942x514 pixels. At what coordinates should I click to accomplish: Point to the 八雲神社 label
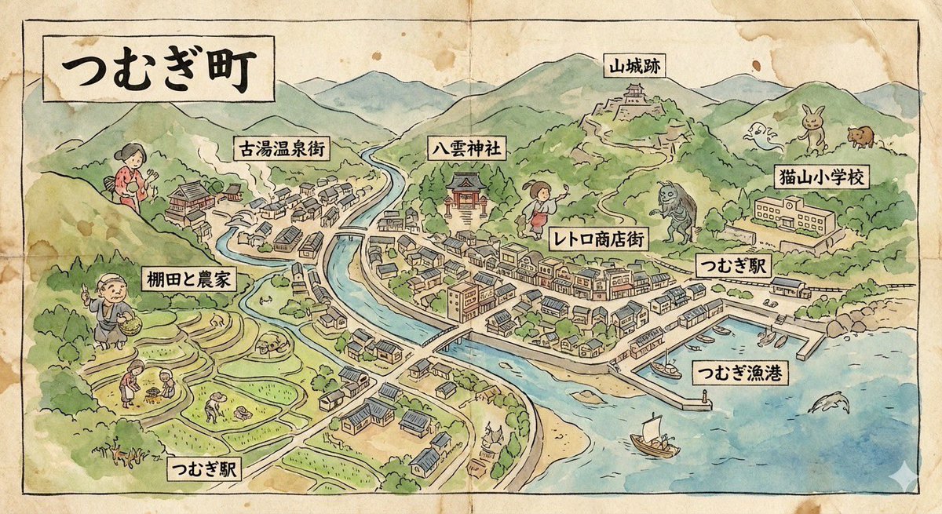coord(469,147)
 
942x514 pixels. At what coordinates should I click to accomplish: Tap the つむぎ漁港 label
coord(740,373)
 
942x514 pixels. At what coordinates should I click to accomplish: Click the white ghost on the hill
coord(763,137)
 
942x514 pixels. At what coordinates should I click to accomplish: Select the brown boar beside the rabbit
coord(861,136)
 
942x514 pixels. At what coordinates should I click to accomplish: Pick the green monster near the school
coord(675,209)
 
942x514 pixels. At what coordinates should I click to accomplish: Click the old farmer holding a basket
coord(113,309)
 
